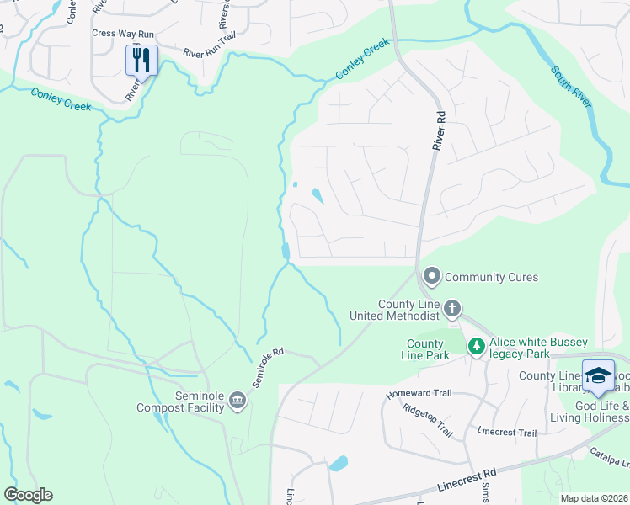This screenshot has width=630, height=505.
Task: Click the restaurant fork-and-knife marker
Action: click(141, 61)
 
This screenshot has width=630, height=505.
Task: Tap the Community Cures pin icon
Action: click(432, 276)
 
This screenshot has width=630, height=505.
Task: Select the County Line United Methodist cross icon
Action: click(452, 309)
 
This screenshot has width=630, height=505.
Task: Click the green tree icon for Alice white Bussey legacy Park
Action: click(477, 346)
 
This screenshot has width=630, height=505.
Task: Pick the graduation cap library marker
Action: click(598, 375)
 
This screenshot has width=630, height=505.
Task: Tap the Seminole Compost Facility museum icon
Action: click(238, 399)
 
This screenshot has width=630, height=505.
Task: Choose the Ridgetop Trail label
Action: click(428, 421)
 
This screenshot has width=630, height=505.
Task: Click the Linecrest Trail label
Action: click(506, 433)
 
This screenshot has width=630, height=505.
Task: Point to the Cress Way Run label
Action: click(122, 34)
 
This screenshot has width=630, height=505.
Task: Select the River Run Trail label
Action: click(209, 47)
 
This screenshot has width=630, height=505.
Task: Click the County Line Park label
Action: click(425, 349)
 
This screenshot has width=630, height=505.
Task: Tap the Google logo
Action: click(28, 495)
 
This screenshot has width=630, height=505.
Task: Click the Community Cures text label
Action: click(491, 277)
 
